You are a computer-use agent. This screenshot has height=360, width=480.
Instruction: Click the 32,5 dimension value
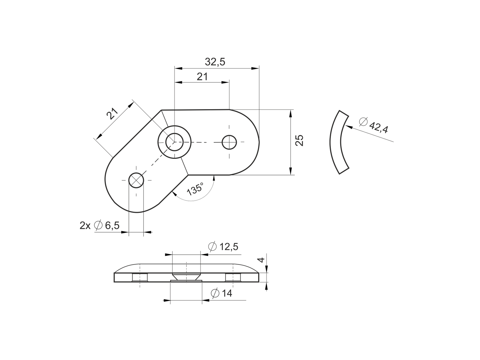(x=215, y=62)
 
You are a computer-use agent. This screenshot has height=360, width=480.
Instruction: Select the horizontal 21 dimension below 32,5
(x=202, y=77)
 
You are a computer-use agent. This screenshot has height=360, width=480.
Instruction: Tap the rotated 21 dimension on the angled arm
(x=112, y=114)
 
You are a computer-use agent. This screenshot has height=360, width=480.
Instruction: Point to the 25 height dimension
(x=299, y=140)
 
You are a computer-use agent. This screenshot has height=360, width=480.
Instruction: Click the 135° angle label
(x=195, y=189)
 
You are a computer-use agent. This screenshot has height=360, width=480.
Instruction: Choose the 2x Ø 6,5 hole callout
(x=99, y=226)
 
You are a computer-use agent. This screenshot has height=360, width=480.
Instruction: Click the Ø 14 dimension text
(x=221, y=293)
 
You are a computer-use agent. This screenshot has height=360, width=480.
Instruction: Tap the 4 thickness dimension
(x=260, y=260)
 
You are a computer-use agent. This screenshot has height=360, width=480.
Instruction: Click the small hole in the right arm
(x=229, y=142)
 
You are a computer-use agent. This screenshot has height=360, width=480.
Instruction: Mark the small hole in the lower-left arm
(x=136, y=180)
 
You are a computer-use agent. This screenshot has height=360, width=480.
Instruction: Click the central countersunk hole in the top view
(x=174, y=142)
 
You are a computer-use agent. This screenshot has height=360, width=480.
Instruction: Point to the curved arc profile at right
(x=336, y=142)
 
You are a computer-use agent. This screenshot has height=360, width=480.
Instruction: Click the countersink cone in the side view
(x=186, y=277)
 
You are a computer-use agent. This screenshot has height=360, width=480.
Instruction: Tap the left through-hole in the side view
(x=140, y=277)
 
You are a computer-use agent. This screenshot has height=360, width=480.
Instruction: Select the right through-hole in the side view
(x=233, y=277)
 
